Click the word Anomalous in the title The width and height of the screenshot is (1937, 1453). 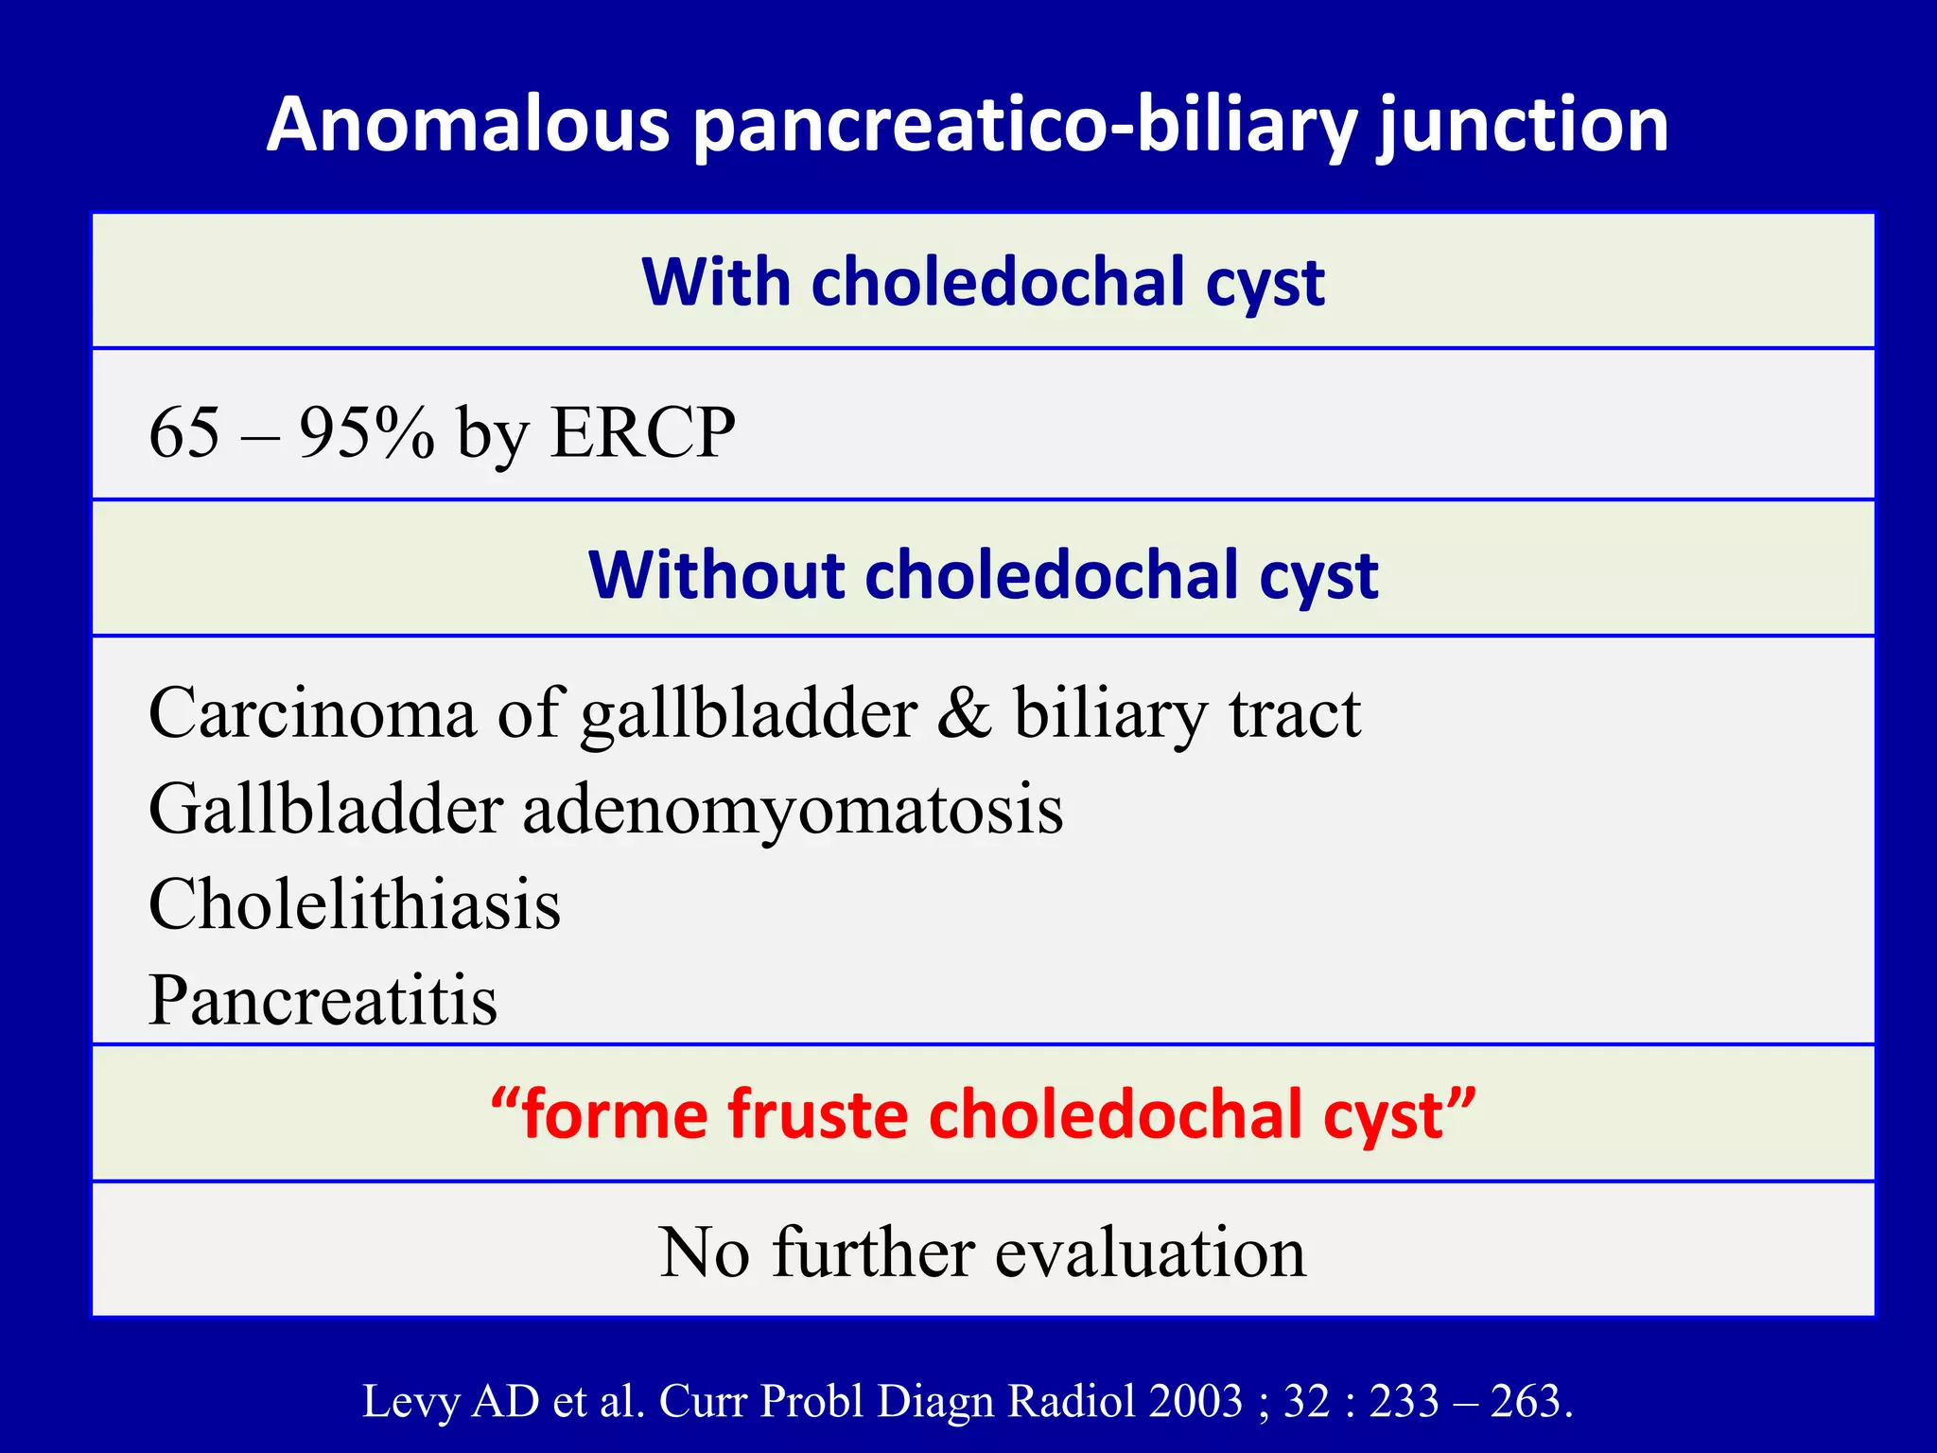coord(469,125)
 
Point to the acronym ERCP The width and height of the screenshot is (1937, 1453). coord(643,433)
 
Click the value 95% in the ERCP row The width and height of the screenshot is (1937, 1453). coord(367,433)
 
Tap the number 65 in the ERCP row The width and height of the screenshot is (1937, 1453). coord(184,433)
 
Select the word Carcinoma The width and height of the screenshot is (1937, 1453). coord(312,713)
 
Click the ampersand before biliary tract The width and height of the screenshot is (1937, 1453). coord(964,713)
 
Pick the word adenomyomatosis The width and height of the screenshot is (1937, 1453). coord(793,810)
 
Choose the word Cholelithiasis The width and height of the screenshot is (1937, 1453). coord(355,904)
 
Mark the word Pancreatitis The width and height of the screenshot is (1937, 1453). coord(323,1001)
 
